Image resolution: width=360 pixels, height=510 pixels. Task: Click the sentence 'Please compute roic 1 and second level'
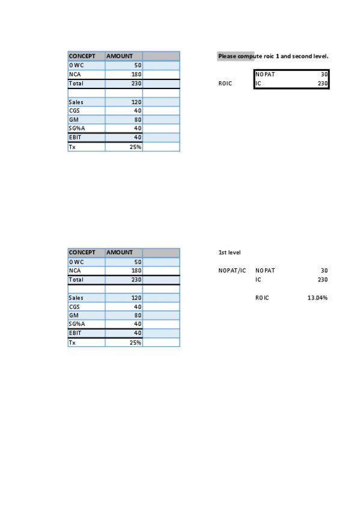pos(273,57)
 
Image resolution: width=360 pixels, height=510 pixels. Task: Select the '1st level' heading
pos(229,253)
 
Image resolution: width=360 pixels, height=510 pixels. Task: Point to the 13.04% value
pos(317,298)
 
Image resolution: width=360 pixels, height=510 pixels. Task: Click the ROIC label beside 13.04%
pos(262,298)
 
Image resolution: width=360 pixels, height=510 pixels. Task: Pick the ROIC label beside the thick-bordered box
pos(225,84)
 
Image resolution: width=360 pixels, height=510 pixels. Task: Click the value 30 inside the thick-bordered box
pos(324,75)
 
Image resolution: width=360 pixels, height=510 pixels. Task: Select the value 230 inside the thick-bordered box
pos(323,84)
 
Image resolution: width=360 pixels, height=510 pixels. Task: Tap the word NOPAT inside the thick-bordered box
pos(265,75)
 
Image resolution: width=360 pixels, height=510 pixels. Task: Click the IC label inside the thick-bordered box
pos(258,84)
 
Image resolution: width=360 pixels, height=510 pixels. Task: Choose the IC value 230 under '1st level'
pos(322,280)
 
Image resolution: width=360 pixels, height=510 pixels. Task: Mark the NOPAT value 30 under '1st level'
pos(324,271)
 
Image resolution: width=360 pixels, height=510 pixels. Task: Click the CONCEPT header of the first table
pos(82,56)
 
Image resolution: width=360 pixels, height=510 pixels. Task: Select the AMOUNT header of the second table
pos(120,253)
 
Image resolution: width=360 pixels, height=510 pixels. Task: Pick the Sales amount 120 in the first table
pos(136,102)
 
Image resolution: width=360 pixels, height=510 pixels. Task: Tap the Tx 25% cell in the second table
pos(135,343)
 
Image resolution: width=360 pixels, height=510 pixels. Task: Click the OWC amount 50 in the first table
pos(138,65)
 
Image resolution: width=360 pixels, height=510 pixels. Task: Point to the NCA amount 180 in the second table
pos(136,271)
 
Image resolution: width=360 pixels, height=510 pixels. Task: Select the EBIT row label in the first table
pos(75,137)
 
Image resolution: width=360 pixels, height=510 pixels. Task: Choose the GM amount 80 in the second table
pos(138,316)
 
